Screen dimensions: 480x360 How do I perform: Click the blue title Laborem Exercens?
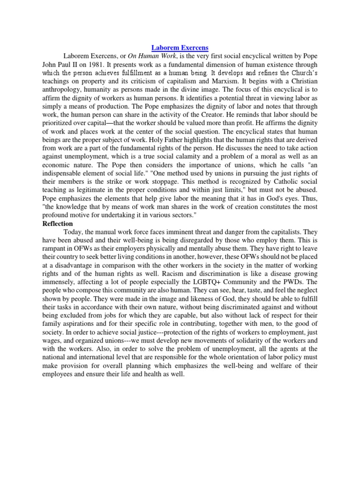pos(180,48)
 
